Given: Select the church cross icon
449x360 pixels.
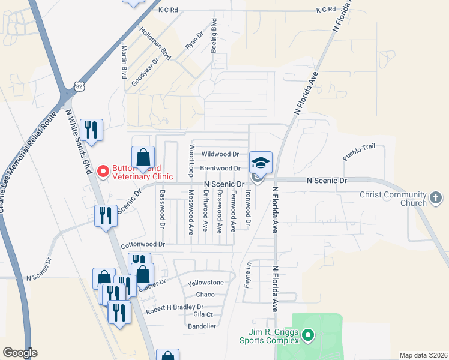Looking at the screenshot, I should [x=436, y=197].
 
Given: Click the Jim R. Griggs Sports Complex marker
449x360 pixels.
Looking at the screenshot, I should [x=308, y=334].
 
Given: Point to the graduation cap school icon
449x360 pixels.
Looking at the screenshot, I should [x=261, y=162].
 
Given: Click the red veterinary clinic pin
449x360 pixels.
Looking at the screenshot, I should [x=103, y=172].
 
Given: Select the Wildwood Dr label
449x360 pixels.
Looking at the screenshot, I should [x=220, y=154].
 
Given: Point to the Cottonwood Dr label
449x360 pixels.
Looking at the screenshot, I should [x=142, y=245].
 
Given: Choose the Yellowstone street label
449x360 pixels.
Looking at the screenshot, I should [x=205, y=283].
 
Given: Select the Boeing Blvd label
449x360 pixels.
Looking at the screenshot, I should [x=214, y=35].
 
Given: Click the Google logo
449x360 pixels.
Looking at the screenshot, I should [x=20, y=353].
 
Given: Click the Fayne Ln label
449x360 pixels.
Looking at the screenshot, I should [x=247, y=275].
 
